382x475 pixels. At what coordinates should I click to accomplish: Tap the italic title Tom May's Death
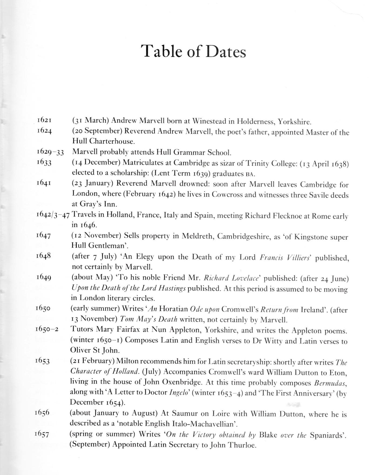point(149,319)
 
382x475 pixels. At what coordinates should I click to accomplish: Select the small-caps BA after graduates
point(250,174)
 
